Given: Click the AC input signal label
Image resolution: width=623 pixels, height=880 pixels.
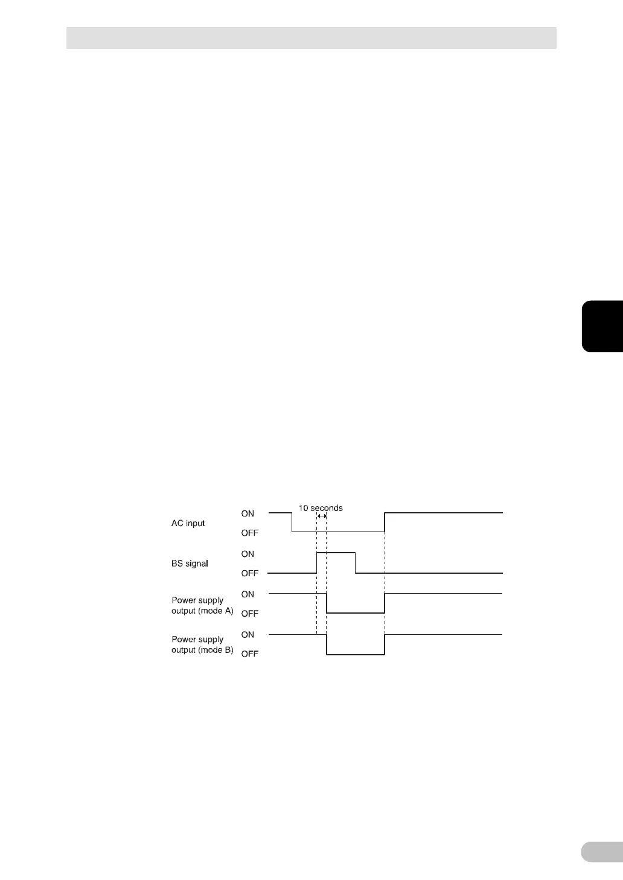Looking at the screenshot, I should pyautogui.click(x=188, y=523).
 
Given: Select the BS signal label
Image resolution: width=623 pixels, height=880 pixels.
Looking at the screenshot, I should pyautogui.click(x=190, y=564).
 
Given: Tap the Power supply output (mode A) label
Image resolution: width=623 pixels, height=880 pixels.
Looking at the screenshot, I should pyautogui.click(x=202, y=605).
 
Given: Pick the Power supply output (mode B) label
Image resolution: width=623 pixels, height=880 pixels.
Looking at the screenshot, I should pyautogui.click(x=202, y=644).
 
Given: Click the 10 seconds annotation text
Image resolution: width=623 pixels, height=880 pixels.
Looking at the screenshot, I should pyautogui.click(x=321, y=508).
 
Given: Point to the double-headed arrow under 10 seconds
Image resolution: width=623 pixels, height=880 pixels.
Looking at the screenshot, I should pyautogui.click(x=321, y=516).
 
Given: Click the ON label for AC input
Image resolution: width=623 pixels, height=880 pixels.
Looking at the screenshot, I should pyautogui.click(x=248, y=513).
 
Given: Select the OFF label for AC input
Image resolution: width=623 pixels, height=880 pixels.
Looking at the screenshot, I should pyautogui.click(x=249, y=533).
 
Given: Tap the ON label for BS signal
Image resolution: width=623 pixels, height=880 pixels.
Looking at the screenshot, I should pyautogui.click(x=248, y=554).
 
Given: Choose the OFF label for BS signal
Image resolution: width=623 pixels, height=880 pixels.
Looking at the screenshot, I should pyautogui.click(x=249, y=573).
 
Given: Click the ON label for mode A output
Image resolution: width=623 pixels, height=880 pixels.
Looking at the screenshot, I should pyautogui.click(x=248, y=594).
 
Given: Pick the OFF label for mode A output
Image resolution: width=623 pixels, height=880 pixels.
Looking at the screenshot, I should pyautogui.click(x=249, y=614).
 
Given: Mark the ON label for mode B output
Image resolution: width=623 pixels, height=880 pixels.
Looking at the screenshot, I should pyautogui.click(x=248, y=635).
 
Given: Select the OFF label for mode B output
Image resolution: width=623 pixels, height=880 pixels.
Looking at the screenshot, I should pyautogui.click(x=249, y=654).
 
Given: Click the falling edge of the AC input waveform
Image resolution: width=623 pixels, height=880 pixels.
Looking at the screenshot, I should pyautogui.click(x=292, y=522).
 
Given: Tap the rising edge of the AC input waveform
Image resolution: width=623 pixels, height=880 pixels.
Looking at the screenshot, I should pyautogui.click(x=385, y=522).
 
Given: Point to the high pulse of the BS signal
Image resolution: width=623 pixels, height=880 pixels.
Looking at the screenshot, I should pyautogui.click(x=336, y=553).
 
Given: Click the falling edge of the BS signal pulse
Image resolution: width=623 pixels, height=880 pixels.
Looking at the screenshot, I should pyautogui.click(x=356, y=563).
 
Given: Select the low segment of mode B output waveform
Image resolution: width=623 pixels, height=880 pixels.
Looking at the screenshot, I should pyautogui.click(x=356, y=654).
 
